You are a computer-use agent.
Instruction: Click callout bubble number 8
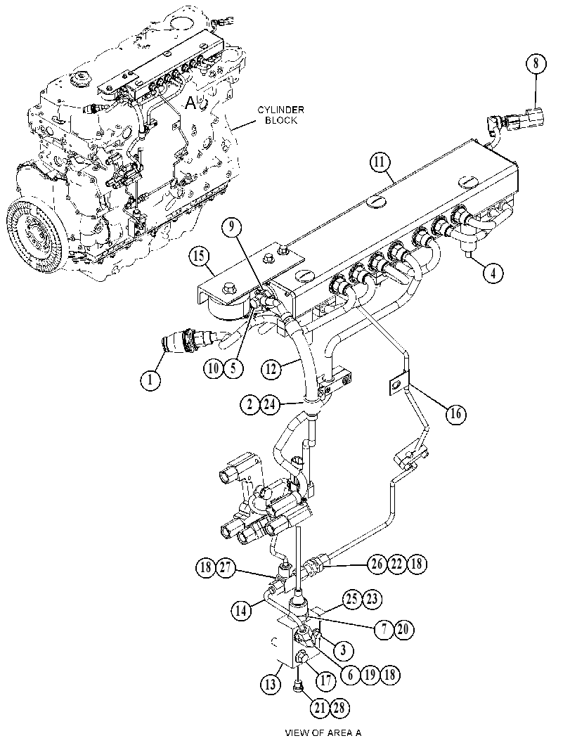coord(536,64)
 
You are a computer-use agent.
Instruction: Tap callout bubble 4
coord(494,273)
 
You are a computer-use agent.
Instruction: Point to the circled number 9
coord(233,227)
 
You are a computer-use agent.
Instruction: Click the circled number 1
coord(150,380)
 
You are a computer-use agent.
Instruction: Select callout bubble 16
coord(456,414)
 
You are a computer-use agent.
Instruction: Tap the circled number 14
coord(242,610)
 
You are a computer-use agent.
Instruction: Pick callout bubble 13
coord(271,683)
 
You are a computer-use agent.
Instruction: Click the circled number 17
coord(326,681)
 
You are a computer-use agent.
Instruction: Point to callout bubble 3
coord(344,650)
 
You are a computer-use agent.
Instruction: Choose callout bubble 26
coord(377,564)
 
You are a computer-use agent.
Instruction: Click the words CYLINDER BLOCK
coord(281,115)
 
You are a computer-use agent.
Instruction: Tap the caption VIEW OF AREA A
coord(323,732)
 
